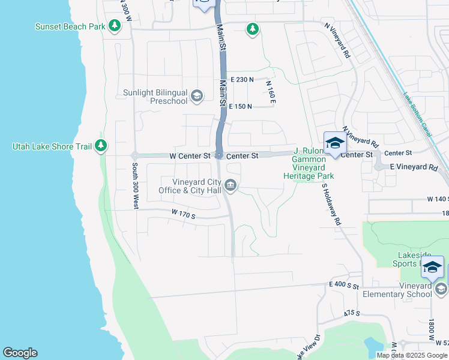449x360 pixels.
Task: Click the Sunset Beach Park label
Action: [x=70, y=26]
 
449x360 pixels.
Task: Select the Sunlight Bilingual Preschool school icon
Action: [x=196, y=96]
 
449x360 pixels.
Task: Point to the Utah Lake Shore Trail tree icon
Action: [x=101, y=146]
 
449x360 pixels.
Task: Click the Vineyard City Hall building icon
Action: [x=232, y=187]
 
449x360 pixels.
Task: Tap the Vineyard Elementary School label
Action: [x=397, y=290]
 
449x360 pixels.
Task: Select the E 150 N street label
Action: [x=240, y=106]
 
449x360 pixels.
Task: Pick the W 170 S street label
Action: [x=184, y=213]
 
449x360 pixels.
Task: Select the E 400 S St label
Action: [x=343, y=287]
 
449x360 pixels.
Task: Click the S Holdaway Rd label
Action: [x=331, y=204]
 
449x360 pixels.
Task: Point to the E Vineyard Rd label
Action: [x=414, y=167]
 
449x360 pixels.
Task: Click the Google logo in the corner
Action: [x=20, y=353]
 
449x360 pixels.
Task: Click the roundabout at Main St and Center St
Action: [x=220, y=156]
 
